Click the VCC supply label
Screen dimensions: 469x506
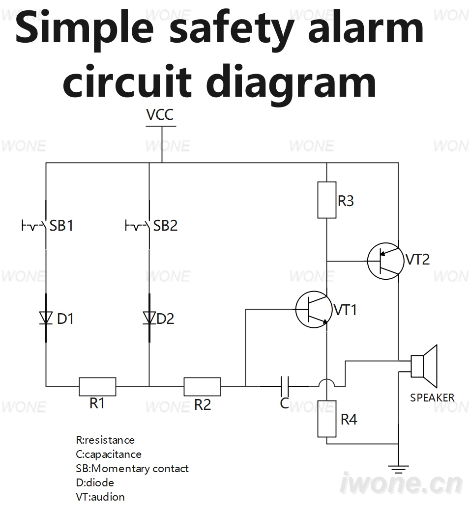pos(160,114)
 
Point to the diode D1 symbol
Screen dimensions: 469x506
pos(46,318)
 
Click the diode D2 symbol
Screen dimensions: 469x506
pos(149,318)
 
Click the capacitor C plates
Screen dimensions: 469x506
pos(285,386)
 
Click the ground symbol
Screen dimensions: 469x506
pos(399,470)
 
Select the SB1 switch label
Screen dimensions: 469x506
pos(61,226)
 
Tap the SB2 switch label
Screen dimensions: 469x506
pos(165,226)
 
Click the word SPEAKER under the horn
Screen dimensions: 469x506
pos(432,398)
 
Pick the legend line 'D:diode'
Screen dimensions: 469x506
pos(95,483)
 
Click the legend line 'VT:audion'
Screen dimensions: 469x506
pos(100,497)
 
